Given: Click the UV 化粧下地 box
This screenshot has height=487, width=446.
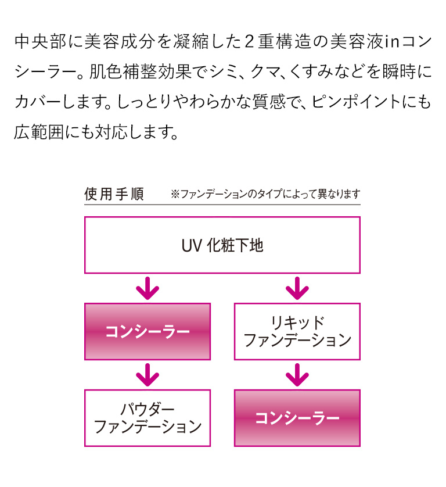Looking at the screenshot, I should (x=222, y=245).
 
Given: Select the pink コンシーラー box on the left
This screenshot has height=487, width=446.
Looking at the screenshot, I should (x=148, y=331).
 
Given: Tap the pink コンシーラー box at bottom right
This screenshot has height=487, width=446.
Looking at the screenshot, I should (x=297, y=418).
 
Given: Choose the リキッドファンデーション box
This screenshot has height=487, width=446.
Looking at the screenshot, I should (x=297, y=331).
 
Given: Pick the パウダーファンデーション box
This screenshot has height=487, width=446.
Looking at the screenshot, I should (x=148, y=418).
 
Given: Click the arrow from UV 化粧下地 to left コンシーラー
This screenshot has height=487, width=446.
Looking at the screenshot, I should (x=148, y=288).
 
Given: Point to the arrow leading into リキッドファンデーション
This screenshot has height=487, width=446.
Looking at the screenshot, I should (x=297, y=288).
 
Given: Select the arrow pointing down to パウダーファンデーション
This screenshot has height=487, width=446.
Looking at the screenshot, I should (x=148, y=375).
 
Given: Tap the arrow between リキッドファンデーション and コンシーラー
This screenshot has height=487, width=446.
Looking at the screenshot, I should (x=297, y=375).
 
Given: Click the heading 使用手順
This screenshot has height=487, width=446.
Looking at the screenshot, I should (x=114, y=194).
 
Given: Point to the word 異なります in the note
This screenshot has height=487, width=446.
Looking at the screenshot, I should (x=335, y=195).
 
